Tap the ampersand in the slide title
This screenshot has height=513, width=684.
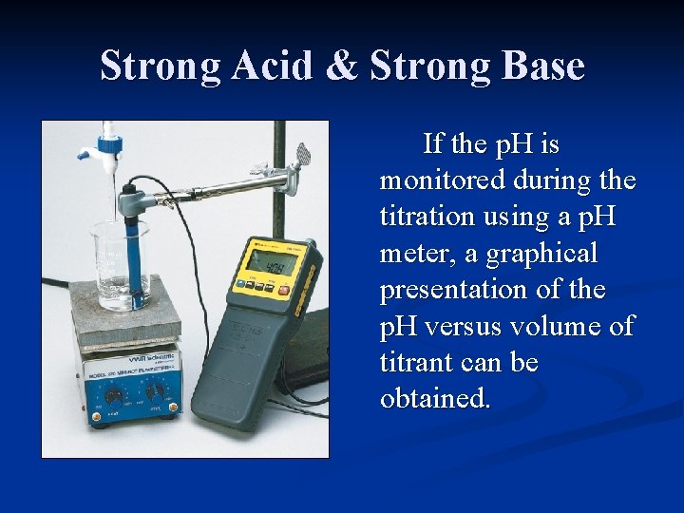pos(346,66)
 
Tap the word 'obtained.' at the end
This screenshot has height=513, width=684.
pos(436,398)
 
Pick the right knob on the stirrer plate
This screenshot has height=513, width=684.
pos(153,390)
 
